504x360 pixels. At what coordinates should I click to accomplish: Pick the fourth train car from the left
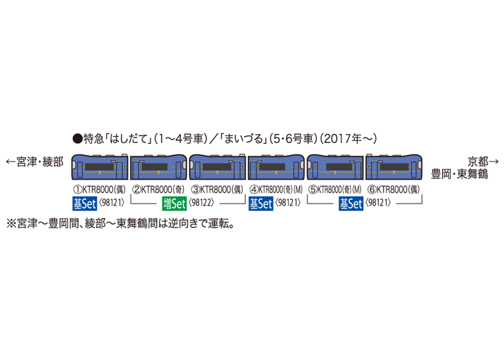[x=277, y=168]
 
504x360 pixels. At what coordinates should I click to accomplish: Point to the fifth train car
[x=335, y=167]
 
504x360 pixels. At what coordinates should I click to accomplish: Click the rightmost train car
[x=393, y=168]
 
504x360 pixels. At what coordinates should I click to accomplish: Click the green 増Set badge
[x=175, y=203]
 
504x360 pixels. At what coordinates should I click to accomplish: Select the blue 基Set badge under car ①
[x=85, y=203]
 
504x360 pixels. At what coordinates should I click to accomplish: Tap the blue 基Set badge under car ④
[x=260, y=203]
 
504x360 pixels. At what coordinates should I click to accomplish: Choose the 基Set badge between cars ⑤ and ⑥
[x=351, y=203]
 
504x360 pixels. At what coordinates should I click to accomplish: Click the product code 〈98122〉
[x=202, y=203]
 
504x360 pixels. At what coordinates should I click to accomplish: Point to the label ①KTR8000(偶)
[x=100, y=189]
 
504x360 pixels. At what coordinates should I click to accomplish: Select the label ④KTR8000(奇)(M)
[x=276, y=189]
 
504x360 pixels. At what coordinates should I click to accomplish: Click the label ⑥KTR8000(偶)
[x=393, y=189]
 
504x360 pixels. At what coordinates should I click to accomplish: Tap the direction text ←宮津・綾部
[x=35, y=162]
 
